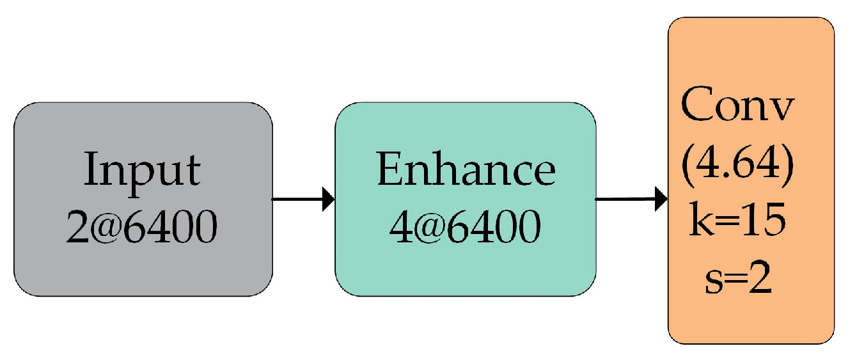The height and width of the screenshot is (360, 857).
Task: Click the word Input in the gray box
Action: (x=142, y=169)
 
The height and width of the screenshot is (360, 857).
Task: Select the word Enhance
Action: (x=466, y=169)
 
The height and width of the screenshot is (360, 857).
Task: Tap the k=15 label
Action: (x=737, y=221)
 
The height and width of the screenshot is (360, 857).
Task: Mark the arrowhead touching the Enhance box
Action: (x=328, y=199)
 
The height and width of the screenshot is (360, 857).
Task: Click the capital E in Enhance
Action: (x=388, y=169)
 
